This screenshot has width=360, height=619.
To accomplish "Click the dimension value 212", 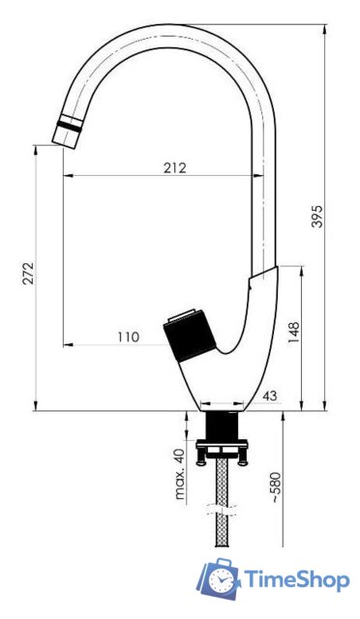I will (175, 167).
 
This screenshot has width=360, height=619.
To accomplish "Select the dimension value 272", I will (28, 278).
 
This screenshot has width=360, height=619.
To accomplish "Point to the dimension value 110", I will (128, 337).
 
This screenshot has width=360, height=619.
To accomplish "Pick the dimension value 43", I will (270, 397).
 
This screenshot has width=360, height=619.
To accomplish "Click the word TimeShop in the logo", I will (296, 580).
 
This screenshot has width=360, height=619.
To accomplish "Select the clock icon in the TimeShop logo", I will (222, 580).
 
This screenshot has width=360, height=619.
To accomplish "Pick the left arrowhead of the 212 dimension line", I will (67, 177).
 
